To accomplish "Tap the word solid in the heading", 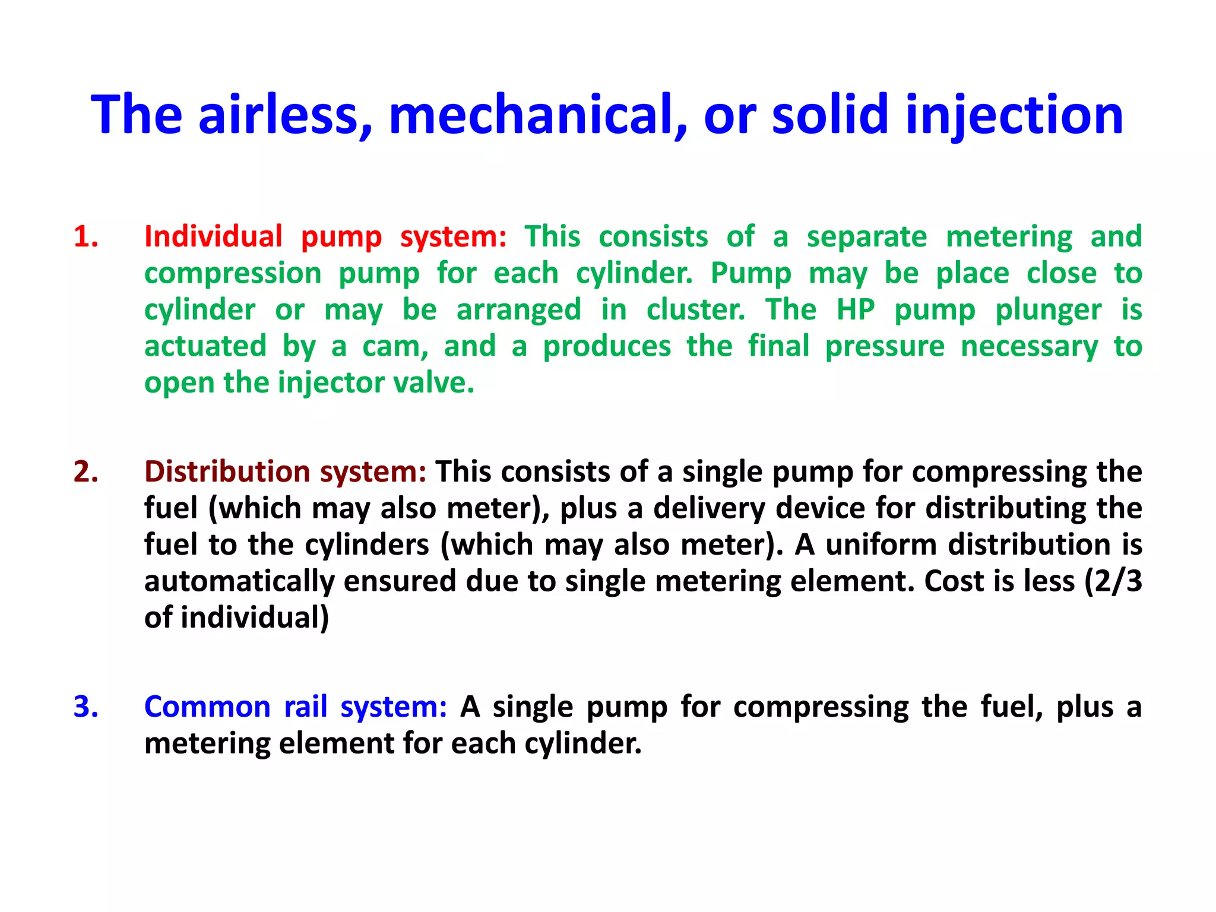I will pyautogui.click(x=829, y=115).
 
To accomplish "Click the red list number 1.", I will pyautogui.click(x=86, y=237).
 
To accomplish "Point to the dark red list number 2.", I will pyautogui.click(x=86, y=472).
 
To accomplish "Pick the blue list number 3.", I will pyautogui.click(x=86, y=707).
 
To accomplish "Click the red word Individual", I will pyautogui.click(x=213, y=237).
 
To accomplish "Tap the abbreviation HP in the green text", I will pyautogui.click(x=856, y=310).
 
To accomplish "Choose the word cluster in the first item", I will pyautogui.click(x=695, y=310).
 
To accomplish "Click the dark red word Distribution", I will pyautogui.click(x=227, y=472).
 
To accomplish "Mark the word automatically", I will pyautogui.click(x=239, y=582).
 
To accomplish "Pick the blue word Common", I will pyautogui.click(x=207, y=707).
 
